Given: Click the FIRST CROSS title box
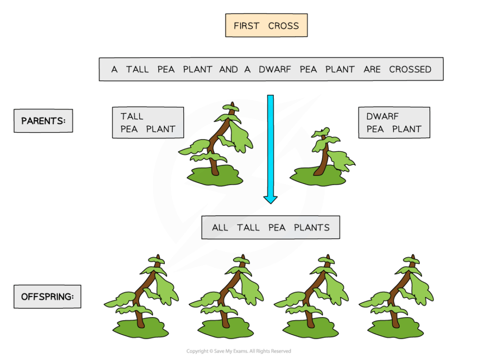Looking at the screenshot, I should pyautogui.click(x=266, y=26).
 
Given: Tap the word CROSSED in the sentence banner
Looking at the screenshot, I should pyautogui.click(x=410, y=70).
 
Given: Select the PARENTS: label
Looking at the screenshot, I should pyautogui.click(x=43, y=121).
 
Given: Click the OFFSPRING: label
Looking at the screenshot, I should pyautogui.click(x=47, y=297).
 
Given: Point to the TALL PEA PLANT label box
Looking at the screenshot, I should pyautogui.click(x=147, y=123).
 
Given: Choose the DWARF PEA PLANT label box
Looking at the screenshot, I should pyautogui.click(x=394, y=123).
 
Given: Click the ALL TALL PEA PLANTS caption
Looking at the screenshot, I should pyautogui.click(x=271, y=227).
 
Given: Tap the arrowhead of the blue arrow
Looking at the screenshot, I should pyautogui.click(x=270, y=199).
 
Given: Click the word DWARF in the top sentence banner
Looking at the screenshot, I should pyautogui.click(x=274, y=70).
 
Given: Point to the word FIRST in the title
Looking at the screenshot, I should pyautogui.click(x=247, y=26).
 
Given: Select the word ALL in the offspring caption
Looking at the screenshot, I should pyautogui.click(x=220, y=227).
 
